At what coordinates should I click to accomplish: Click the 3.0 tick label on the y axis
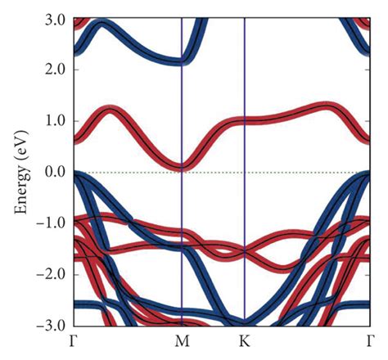(x=54, y=18)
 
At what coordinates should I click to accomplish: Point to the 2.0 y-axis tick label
(x=54, y=70)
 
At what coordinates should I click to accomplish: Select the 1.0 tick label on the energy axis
(x=54, y=121)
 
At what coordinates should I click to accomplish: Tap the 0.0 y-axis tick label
(x=54, y=172)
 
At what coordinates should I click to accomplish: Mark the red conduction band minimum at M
(x=181, y=166)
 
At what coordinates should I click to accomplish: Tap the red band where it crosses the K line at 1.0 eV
(x=245, y=121)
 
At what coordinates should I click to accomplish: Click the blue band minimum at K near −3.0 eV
(x=245, y=322)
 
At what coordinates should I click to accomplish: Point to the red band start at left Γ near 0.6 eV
(x=76, y=140)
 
